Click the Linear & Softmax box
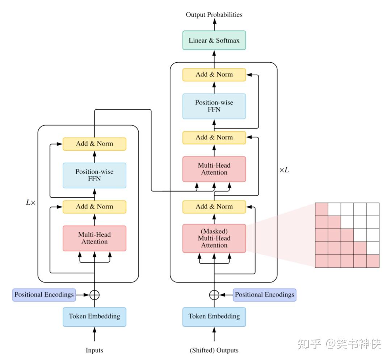[214, 40]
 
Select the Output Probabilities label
[214, 15]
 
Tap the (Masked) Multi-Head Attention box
[214, 238]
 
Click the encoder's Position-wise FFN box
[94, 175]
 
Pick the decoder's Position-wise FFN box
[214, 106]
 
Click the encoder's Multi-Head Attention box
[94, 238]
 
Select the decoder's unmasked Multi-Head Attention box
[214, 169]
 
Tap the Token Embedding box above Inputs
[94, 317]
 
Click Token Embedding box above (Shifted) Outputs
[214, 317]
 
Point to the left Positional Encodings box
[44, 294]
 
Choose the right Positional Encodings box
[264, 294]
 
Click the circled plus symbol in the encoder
[94, 295]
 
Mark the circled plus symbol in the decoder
[214, 295]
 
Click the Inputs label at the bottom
[94, 350]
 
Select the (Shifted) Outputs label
[214, 350]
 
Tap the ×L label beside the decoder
[284, 170]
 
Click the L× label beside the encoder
[30, 203]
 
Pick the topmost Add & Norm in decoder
[214, 75]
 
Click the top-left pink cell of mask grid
[321, 209]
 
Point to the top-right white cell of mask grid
[373, 209]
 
